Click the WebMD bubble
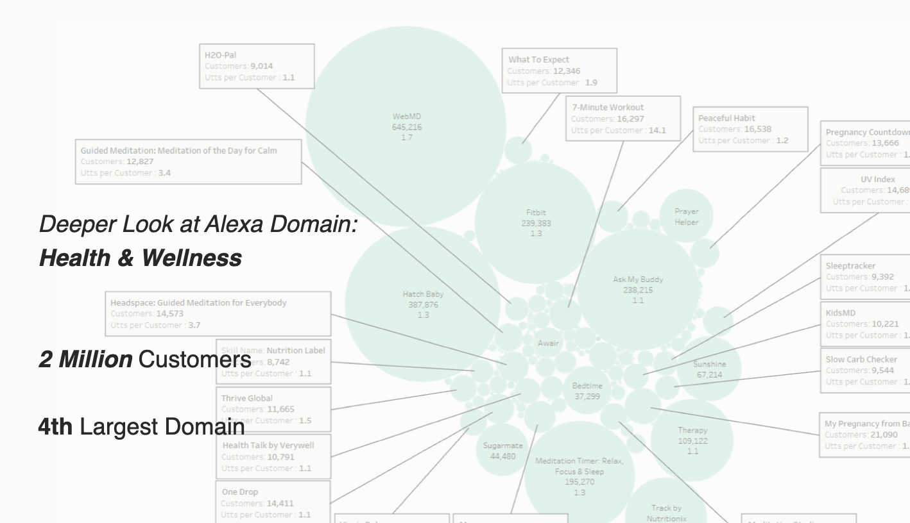tap(406, 126)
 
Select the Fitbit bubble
tap(536, 222)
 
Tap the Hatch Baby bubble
tap(422, 304)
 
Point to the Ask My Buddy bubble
tap(637, 289)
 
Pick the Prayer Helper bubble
tap(686, 216)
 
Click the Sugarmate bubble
tap(502, 450)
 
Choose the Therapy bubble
tap(692, 440)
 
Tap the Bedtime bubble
tap(587, 390)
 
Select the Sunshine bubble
tap(709, 369)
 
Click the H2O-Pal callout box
tap(256, 66)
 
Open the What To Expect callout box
tap(559, 71)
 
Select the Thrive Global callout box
tap(273, 409)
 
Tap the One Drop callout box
tap(273, 502)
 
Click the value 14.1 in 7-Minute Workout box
tap(657, 130)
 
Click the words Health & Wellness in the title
tap(141, 258)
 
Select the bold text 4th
tap(55, 426)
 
